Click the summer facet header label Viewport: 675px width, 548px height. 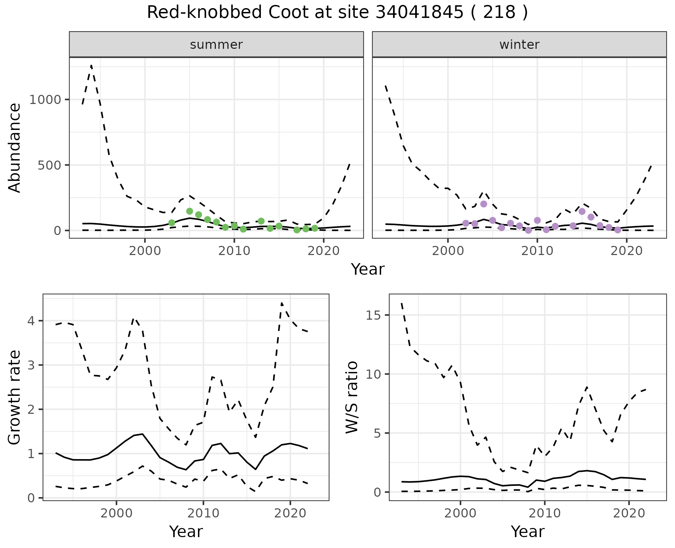click(216, 45)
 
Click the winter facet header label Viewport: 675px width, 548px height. click(519, 45)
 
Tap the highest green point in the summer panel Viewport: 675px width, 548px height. click(189, 211)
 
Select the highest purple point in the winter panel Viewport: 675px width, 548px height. click(484, 204)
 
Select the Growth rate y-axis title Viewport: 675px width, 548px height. click(15, 397)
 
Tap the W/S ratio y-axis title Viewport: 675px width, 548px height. click(352, 397)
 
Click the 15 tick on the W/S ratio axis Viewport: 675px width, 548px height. click(375, 315)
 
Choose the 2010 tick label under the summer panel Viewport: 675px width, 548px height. click(234, 251)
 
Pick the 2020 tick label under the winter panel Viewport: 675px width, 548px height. click(626, 251)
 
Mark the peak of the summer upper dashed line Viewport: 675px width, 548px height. click(91, 65)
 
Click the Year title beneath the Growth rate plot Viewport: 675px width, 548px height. click(186, 531)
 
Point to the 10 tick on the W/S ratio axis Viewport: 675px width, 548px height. click(375, 374)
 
